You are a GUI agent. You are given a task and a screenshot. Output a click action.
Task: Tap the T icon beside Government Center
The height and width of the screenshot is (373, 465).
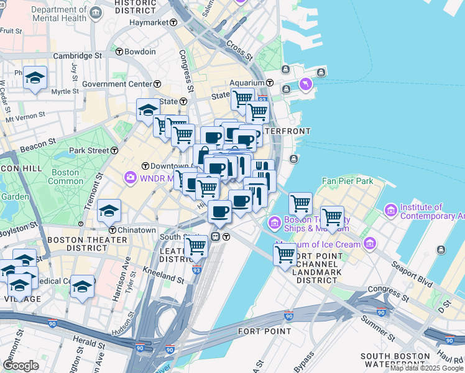pos(157,84)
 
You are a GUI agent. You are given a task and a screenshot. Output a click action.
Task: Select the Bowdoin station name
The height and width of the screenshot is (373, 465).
pos(139,52)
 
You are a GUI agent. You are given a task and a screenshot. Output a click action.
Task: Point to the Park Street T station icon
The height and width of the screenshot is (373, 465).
pos(114,150)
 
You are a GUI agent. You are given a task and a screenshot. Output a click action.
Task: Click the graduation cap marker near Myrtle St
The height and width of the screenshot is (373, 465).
pos(35,77)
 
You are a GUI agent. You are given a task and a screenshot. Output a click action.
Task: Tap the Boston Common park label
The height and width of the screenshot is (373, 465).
pos(65,177)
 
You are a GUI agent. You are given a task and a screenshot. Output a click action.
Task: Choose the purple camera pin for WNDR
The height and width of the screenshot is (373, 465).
pos(130,178)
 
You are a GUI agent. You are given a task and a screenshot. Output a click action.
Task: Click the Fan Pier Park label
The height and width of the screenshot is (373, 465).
pos(346,182)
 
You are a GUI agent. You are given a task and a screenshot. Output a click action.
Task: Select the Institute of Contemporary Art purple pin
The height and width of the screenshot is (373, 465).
pos(391,211)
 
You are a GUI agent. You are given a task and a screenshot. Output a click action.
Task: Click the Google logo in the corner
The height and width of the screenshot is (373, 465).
pos(21,366)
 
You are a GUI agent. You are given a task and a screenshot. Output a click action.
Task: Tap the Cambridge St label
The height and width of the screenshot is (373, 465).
pos(77,55)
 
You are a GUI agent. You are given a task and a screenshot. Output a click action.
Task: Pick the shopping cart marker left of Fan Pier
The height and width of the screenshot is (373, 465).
pos(300,203)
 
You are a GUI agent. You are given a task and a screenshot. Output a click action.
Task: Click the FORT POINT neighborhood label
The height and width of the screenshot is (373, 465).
pos(264,331)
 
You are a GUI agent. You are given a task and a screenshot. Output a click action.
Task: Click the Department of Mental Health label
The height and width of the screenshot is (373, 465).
pos(58,14)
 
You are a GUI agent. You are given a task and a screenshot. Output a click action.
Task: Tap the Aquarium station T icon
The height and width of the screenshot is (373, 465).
pos(270,83)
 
